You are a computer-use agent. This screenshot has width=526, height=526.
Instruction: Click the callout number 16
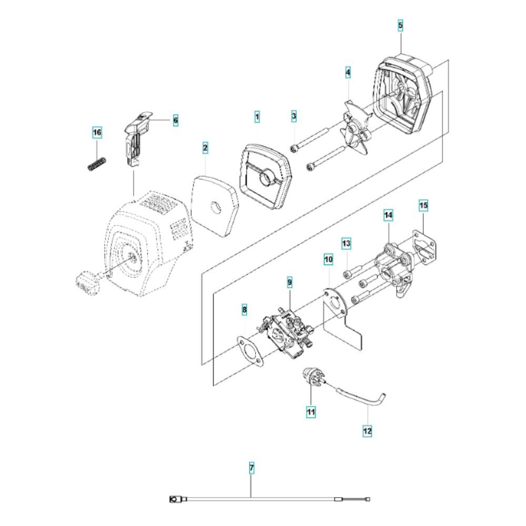click(97, 133)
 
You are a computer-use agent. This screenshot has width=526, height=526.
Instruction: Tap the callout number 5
click(400, 25)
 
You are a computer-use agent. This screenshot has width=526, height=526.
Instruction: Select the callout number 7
click(251, 468)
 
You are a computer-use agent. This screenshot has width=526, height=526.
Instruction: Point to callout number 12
click(367, 430)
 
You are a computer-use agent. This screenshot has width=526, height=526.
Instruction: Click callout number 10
click(328, 259)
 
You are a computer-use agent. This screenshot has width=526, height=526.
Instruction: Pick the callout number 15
click(423, 205)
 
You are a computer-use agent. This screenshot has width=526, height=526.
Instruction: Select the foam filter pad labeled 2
click(215, 206)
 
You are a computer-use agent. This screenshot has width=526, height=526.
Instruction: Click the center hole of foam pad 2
click(215, 207)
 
